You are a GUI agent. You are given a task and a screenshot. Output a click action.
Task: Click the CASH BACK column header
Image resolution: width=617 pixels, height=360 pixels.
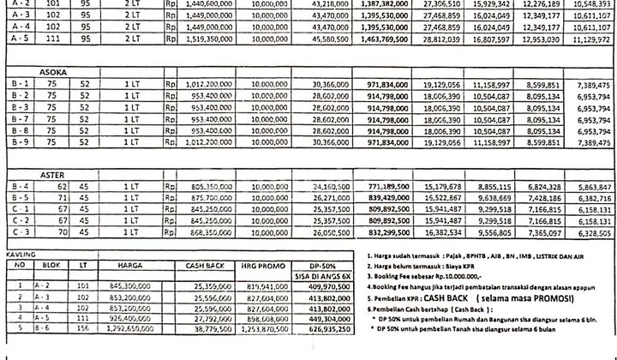click(203, 266)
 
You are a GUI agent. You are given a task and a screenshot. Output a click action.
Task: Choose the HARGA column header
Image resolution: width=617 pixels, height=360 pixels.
click(130, 266)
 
